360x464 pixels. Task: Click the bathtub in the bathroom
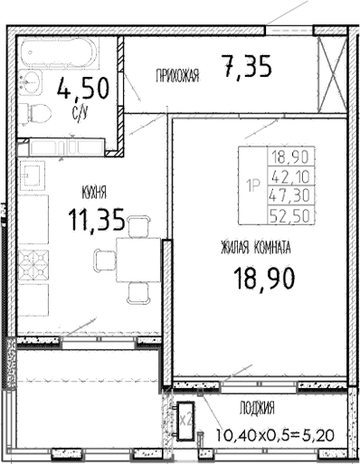[x=63, y=56]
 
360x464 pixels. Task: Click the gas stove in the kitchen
[x=34, y=269]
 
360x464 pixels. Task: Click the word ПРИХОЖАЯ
[x=177, y=75]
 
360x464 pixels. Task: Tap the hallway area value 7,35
[x=246, y=67]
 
